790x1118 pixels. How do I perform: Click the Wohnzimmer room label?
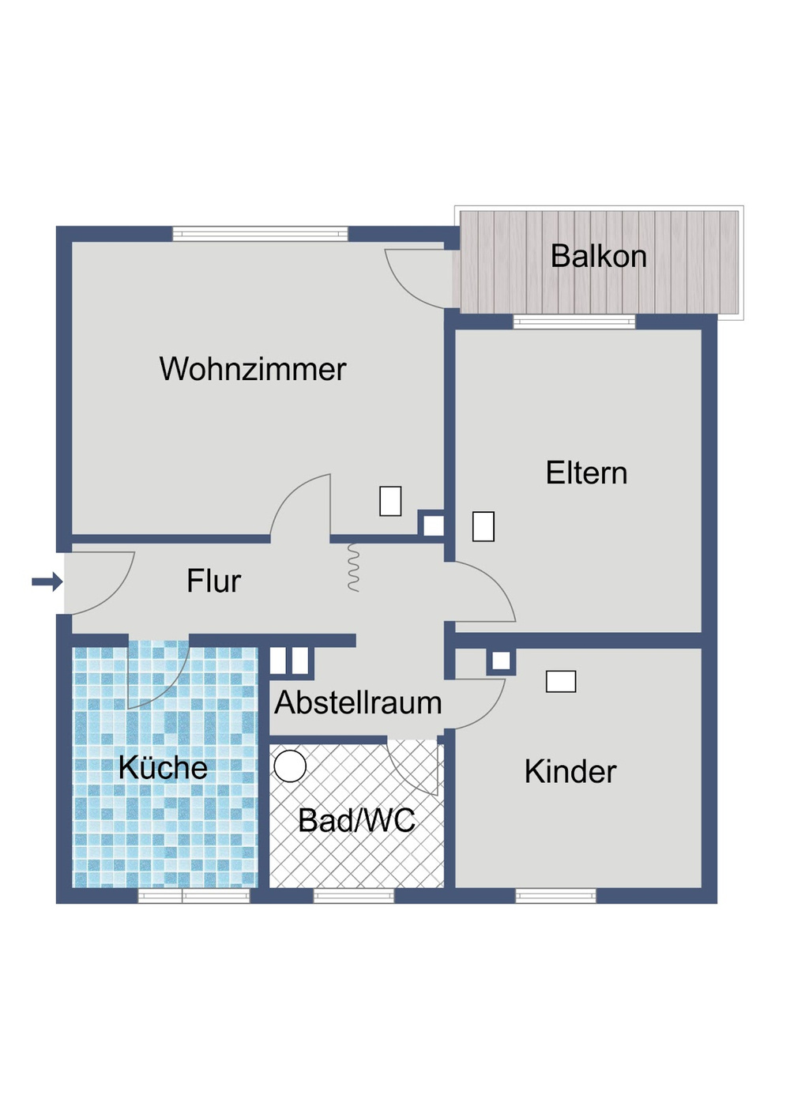(x=253, y=369)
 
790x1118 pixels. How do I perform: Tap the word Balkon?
(x=598, y=256)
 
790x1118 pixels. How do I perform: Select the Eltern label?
(x=586, y=472)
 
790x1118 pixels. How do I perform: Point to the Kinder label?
(x=570, y=771)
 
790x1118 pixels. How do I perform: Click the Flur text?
(x=213, y=581)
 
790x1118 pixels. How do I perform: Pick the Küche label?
(x=163, y=767)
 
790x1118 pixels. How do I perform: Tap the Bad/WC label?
(x=356, y=820)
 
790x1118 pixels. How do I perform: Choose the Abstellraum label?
(x=358, y=702)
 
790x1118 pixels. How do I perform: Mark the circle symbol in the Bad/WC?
(x=290, y=766)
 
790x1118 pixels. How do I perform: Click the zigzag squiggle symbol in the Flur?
(x=353, y=567)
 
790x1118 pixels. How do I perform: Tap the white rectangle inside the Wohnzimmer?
(x=390, y=501)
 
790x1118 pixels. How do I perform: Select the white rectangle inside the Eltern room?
(x=483, y=526)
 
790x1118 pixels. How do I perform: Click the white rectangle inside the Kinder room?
(x=561, y=681)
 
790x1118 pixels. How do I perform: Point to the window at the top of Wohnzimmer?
(x=260, y=234)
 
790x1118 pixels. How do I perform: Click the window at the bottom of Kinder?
(x=555, y=896)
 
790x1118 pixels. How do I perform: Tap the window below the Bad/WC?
(x=354, y=896)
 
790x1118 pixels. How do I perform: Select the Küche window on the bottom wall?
(x=194, y=896)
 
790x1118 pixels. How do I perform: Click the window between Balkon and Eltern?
(x=574, y=322)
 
